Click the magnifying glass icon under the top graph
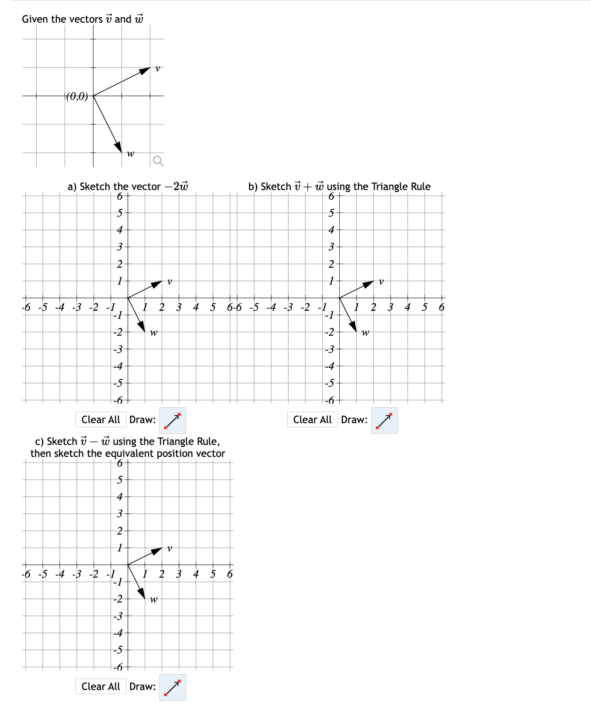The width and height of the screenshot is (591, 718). point(158,161)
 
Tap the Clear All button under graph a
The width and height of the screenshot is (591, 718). point(101,420)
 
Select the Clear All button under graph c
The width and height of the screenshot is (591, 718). point(101,686)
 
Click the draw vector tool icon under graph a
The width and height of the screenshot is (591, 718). point(172,420)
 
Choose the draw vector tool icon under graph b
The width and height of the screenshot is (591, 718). point(384,420)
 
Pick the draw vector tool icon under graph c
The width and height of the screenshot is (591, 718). point(172,687)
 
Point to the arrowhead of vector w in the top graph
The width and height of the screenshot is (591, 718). point(118,147)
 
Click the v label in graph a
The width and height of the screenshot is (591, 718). point(170,282)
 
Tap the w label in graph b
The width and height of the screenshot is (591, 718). point(365,332)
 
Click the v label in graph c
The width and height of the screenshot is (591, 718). point(170,548)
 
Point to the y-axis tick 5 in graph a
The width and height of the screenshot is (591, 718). point(119,213)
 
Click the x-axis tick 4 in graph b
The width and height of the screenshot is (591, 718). point(408,307)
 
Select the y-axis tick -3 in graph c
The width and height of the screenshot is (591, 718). point(118,616)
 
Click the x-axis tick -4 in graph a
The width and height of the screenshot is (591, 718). point(59,307)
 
